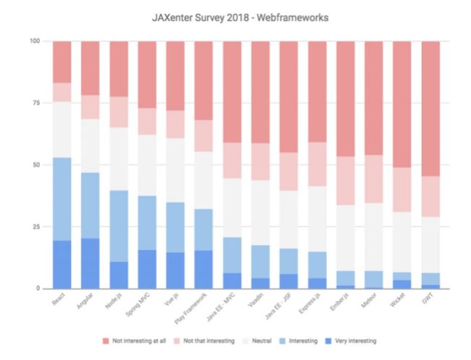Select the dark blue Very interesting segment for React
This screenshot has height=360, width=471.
click(62, 264)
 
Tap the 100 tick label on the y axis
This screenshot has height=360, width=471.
click(34, 41)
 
